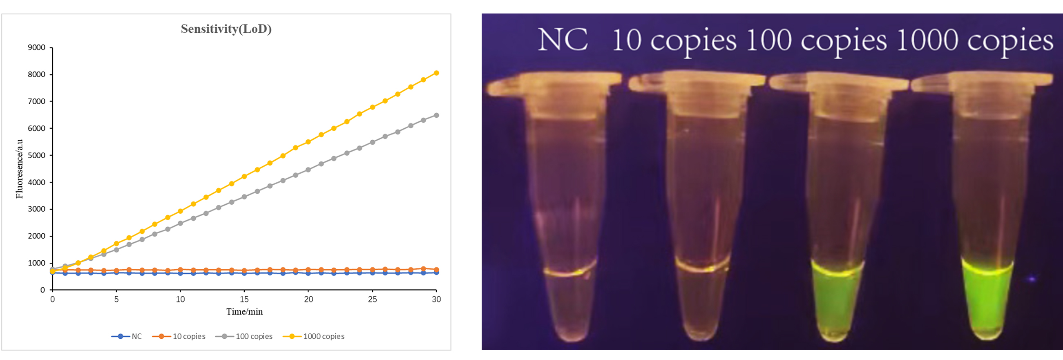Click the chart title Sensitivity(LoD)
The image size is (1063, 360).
(226, 29)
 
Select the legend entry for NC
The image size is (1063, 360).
(136, 336)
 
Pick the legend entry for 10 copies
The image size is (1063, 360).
(189, 336)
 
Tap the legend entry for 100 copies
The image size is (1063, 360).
(254, 336)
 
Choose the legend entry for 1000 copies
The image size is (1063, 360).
(324, 336)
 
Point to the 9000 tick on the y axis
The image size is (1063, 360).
(37, 47)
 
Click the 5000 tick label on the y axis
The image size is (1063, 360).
(37, 156)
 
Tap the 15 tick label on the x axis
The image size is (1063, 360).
(244, 299)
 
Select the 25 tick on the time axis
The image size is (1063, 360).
(372, 299)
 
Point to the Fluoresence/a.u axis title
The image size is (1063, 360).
(19, 169)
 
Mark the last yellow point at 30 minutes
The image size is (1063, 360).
(436, 73)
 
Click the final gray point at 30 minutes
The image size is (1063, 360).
(436, 116)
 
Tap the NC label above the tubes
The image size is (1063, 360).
(563, 40)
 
